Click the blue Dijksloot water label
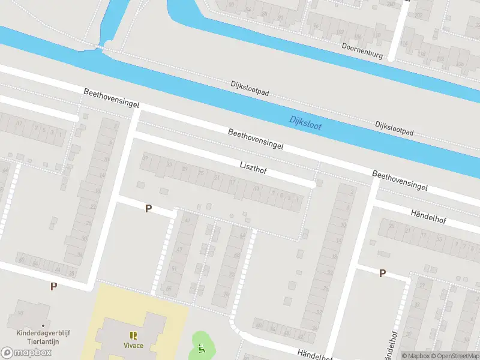(x=305, y=122)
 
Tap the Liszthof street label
(x=253, y=167)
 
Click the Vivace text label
(x=133, y=346)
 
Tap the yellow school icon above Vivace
(x=133, y=335)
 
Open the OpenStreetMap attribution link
(x=456, y=356)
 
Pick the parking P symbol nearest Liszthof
(x=148, y=209)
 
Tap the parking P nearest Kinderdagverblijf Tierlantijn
(x=53, y=287)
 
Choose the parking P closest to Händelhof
(x=382, y=274)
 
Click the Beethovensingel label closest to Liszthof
(x=255, y=139)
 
